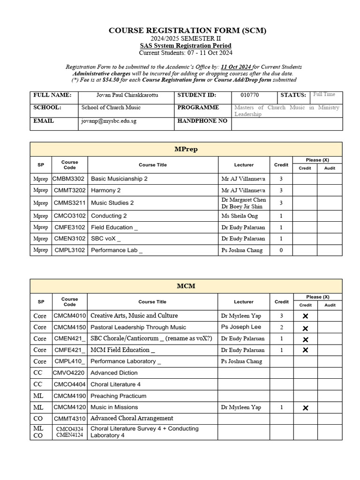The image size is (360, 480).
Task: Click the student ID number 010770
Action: (246, 95)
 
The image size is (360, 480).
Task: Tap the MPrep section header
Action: (186, 149)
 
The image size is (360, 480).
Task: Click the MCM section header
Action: (186, 285)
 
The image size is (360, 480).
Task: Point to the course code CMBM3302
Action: (69, 179)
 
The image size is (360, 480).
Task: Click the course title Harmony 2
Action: (106, 190)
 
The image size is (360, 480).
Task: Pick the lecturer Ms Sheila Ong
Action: (239, 216)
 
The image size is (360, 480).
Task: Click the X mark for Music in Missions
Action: (306, 408)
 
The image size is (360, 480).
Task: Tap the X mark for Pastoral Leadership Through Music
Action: (306, 328)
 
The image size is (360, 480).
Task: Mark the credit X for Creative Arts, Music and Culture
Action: (306, 316)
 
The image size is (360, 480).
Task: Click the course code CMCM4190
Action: (69, 396)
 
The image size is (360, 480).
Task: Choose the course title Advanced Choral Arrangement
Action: (132, 418)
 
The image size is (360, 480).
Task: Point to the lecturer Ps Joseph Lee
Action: (241, 327)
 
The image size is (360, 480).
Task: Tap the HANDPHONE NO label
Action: (202, 121)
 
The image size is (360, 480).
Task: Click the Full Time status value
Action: (324, 95)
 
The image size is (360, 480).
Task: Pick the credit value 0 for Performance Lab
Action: (281, 250)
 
